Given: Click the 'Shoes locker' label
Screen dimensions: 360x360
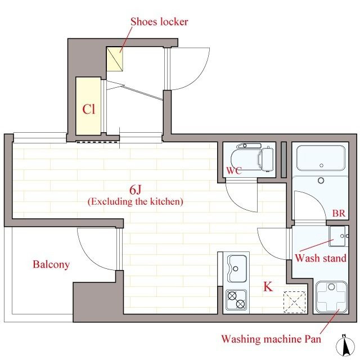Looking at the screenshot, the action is [159, 22].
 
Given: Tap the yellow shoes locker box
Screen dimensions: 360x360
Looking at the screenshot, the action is [115, 59].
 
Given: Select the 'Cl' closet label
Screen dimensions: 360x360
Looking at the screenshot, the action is [89, 109].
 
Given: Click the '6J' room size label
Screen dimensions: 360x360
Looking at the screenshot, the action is [135, 190].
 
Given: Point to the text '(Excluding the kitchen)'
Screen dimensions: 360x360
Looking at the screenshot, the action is [136, 201].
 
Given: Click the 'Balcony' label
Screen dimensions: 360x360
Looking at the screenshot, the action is [51, 264].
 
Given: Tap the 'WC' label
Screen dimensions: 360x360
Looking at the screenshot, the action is [234, 170].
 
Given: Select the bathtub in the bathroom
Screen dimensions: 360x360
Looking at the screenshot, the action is [321, 158].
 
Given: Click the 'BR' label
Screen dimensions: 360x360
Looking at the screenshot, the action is [339, 213].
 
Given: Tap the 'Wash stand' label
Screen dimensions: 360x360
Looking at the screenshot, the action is [321, 258].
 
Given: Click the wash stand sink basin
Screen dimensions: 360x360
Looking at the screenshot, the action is [339, 236].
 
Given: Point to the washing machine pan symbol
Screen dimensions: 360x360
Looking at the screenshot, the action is [331, 298].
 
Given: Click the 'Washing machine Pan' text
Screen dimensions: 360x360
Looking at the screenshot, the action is [271, 339].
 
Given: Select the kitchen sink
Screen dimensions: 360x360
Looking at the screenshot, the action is [236, 269].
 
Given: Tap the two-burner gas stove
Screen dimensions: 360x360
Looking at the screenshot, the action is [236, 300].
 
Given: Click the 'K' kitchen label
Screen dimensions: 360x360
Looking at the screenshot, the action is [268, 286].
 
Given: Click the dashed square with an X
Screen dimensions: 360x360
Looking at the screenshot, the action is [295, 302].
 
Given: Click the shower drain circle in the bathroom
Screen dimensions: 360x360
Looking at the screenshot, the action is [321, 180].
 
